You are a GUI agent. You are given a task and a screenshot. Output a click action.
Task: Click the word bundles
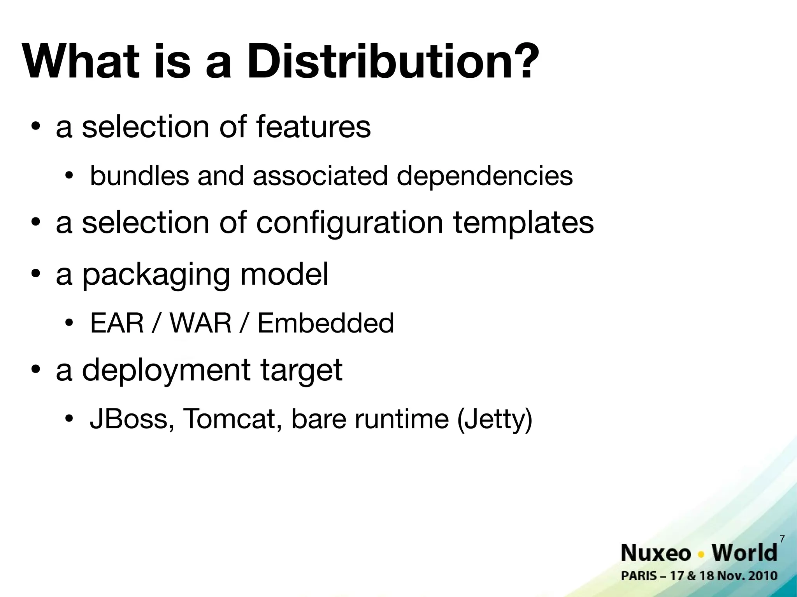click(x=139, y=176)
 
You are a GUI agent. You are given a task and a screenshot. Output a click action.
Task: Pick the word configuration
click(x=349, y=224)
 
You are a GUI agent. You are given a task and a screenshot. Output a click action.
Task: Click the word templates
click(x=523, y=224)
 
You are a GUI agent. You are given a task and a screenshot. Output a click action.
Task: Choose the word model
click(x=284, y=274)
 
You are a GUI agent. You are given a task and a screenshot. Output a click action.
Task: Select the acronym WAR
click(x=201, y=323)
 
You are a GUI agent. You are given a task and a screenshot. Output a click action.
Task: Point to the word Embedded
click(x=326, y=323)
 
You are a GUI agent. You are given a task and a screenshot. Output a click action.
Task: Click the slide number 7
click(x=782, y=539)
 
